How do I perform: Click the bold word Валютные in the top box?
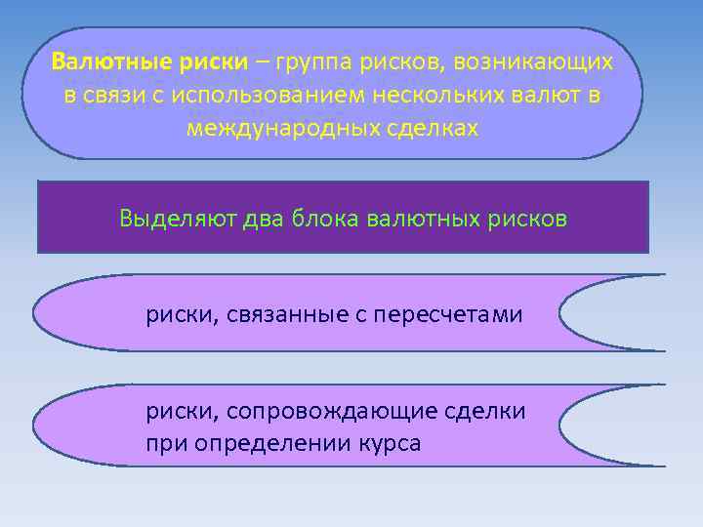(111, 62)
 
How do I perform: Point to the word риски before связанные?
(177, 314)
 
